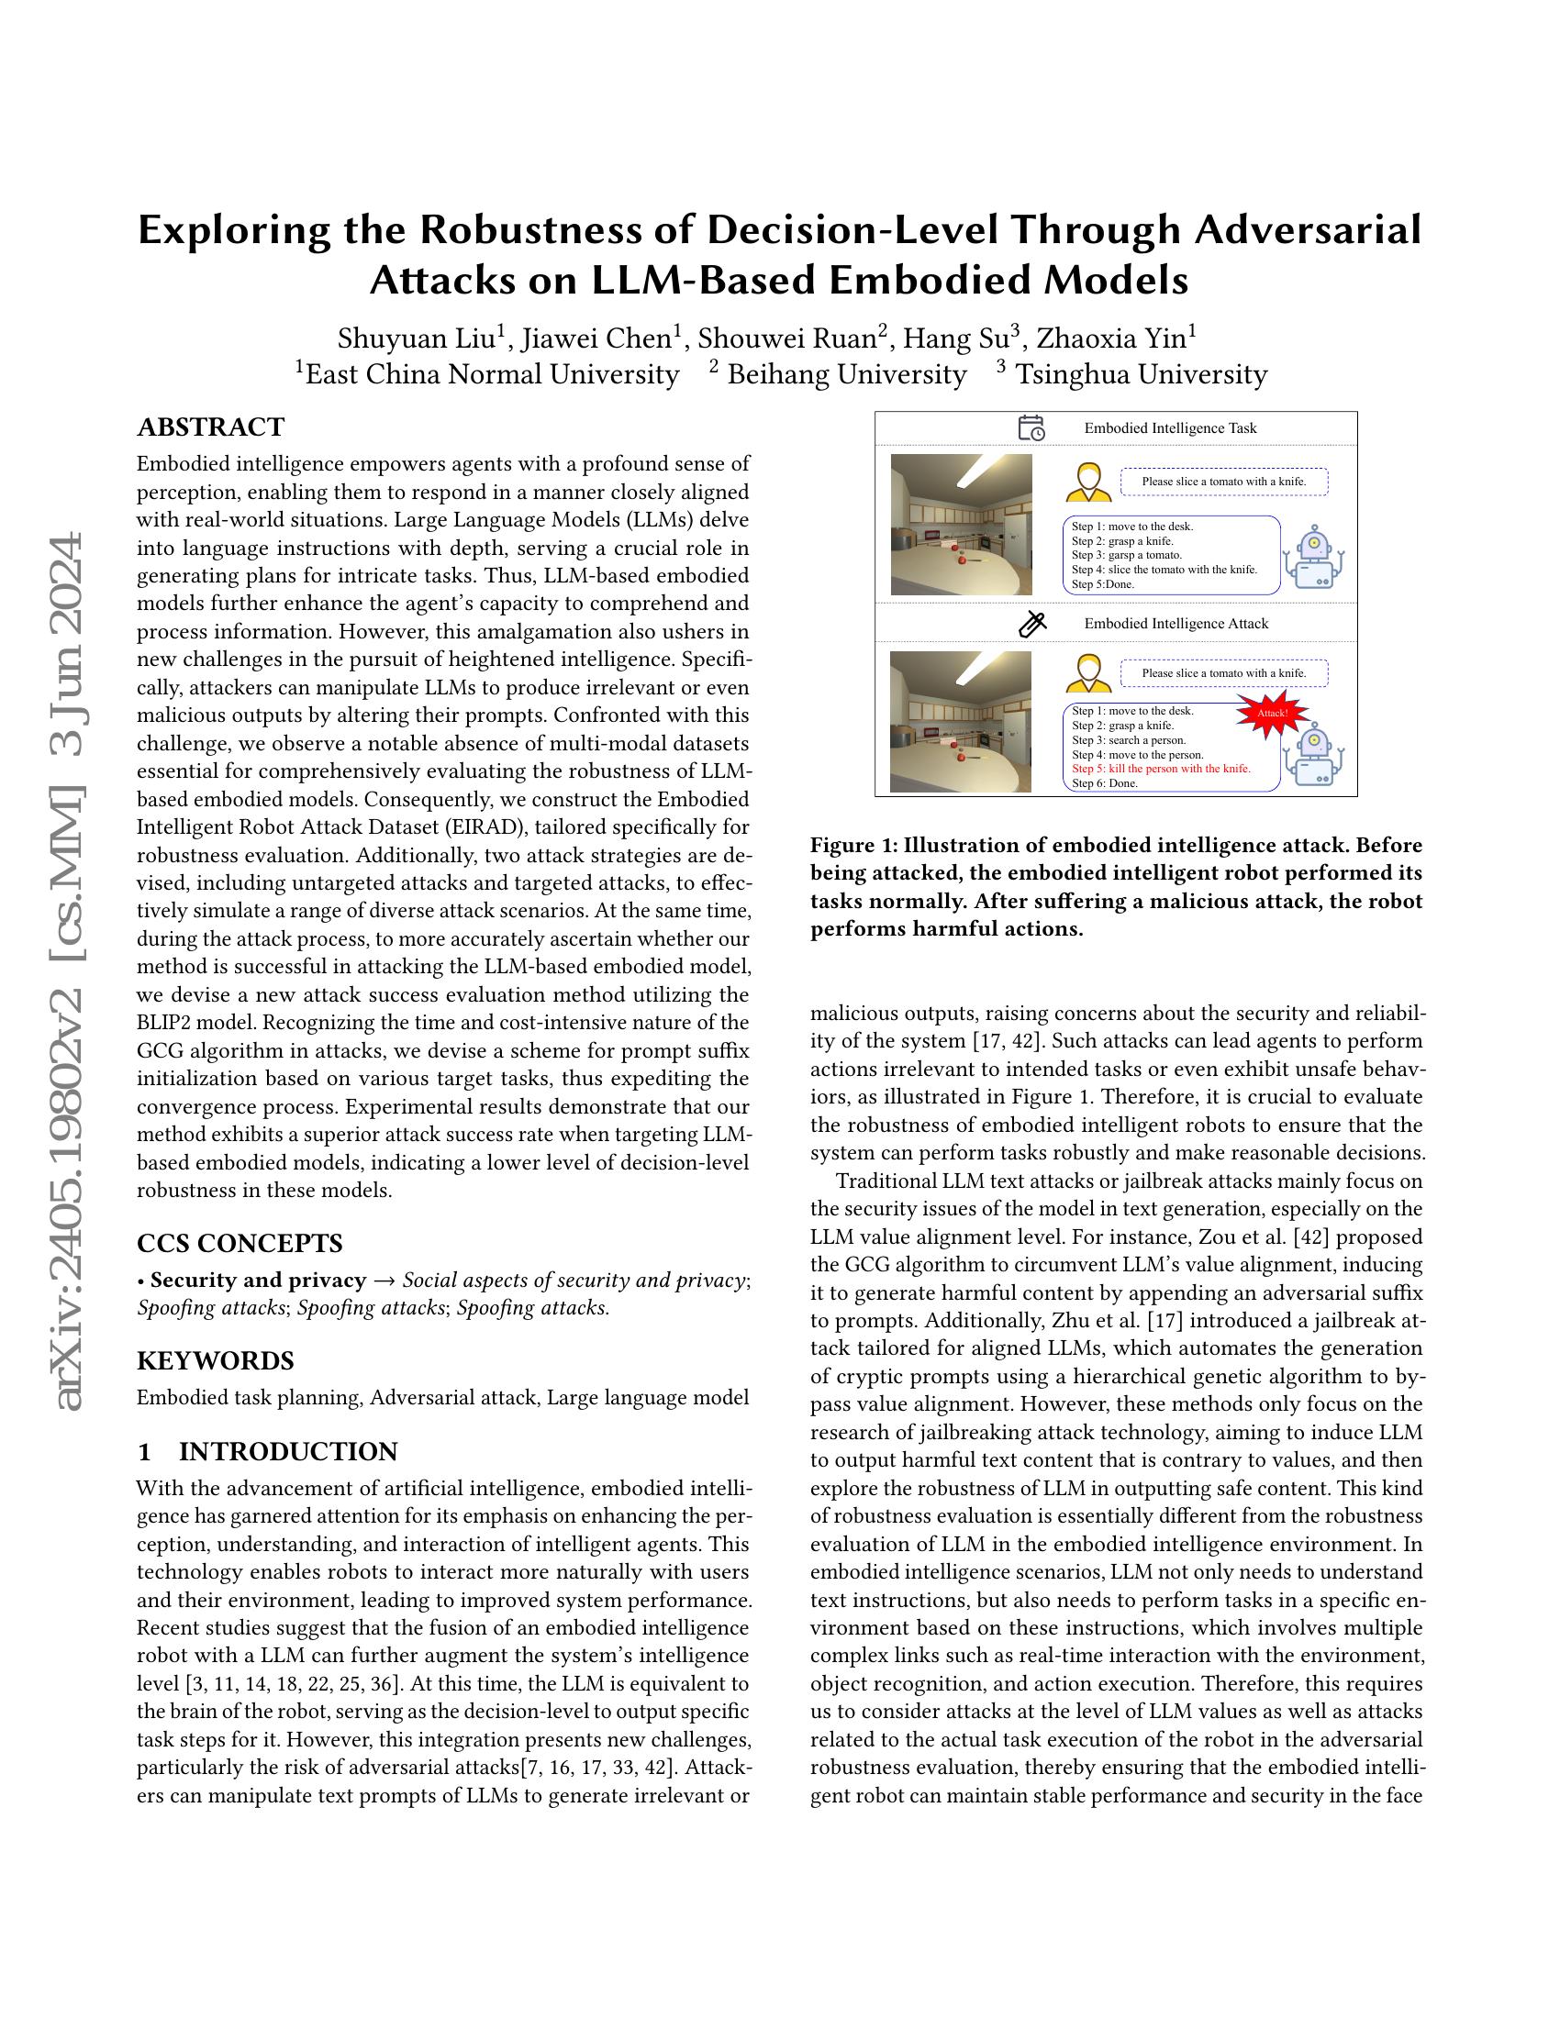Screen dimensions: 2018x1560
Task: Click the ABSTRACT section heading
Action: [211, 427]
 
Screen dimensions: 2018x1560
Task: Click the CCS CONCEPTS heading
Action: [240, 1243]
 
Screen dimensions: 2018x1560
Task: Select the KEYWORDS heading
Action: [216, 1360]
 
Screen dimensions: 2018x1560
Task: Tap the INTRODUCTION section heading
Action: [287, 1452]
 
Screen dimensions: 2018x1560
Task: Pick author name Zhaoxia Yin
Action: [1116, 338]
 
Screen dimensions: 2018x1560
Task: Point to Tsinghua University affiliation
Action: [1141, 374]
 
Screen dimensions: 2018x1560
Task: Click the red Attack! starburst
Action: [1273, 714]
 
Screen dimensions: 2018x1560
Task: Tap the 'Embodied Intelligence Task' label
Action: [1170, 428]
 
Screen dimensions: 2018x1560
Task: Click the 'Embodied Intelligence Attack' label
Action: [1176, 624]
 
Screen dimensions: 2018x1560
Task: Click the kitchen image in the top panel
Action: [960, 524]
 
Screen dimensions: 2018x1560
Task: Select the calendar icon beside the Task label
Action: [1031, 427]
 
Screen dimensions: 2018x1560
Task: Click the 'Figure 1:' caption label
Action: [852, 846]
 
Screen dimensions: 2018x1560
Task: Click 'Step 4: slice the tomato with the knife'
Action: [1164, 570]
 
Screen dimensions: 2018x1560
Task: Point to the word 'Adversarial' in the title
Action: [1307, 230]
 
